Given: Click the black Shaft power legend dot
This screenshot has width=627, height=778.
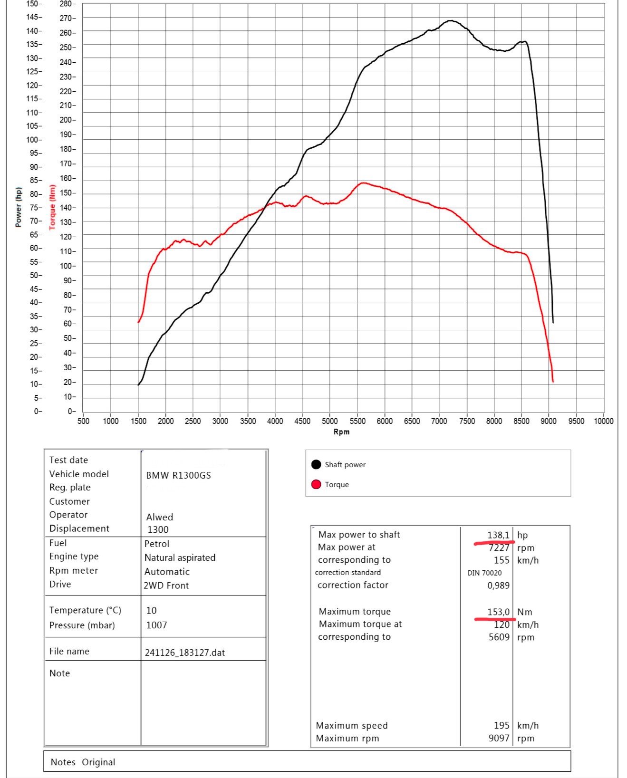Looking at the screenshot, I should (316, 464).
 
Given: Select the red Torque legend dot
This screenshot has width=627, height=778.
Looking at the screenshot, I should (316, 484).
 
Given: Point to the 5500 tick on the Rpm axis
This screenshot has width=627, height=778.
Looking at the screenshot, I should (357, 421).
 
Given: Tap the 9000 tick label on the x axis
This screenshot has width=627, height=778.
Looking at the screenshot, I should (549, 421).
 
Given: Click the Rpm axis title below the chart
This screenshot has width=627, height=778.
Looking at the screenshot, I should (341, 432).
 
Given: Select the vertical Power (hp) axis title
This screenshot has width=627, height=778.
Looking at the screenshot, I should (19, 207).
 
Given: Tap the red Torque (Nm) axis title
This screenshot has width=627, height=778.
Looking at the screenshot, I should (52, 207).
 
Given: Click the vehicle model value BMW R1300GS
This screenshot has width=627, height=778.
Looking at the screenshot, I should (178, 475).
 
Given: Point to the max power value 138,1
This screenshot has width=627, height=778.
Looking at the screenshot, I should (498, 535).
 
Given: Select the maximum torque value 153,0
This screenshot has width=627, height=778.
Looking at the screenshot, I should (498, 612).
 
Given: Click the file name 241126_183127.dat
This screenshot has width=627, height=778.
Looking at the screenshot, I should (185, 653).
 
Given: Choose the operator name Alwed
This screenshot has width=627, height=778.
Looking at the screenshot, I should (160, 517).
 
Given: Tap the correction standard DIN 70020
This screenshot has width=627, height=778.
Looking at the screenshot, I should (484, 573).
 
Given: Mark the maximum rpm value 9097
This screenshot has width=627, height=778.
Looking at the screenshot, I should (499, 738).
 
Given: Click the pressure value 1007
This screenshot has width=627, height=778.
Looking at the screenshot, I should (156, 625).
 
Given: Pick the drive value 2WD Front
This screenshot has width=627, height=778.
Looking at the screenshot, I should (166, 586).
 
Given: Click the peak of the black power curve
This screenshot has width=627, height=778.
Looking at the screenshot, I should (450, 20).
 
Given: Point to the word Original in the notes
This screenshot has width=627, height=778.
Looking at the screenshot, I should (98, 762).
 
